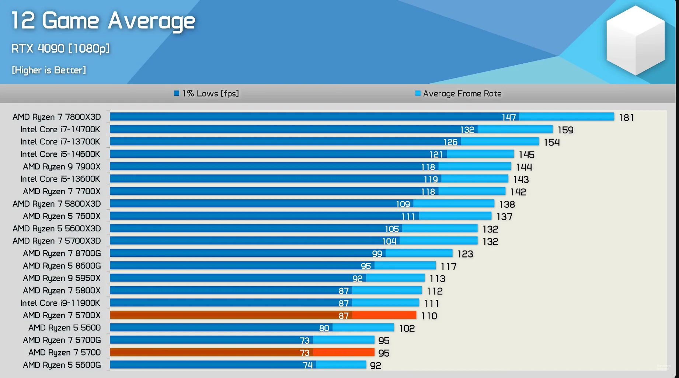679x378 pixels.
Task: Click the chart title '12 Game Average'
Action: (103, 21)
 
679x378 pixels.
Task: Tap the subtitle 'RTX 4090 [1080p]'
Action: (60, 49)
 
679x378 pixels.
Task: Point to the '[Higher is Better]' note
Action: (49, 70)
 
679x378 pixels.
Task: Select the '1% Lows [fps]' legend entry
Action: (206, 94)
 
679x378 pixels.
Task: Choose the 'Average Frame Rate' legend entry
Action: (458, 94)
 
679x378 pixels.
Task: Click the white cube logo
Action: (636, 40)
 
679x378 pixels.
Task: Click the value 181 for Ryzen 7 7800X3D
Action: (626, 118)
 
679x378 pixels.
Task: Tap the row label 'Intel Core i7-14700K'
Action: (60, 129)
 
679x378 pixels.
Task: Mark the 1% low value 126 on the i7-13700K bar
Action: (450, 142)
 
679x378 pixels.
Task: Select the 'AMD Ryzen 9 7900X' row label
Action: (62, 167)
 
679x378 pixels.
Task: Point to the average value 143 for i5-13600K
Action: (521, 179)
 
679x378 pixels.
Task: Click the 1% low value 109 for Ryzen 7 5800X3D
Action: (403, 204)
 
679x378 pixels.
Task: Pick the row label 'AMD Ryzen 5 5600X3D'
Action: (56, 228)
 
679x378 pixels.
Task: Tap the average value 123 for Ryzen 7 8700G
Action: (465, 254)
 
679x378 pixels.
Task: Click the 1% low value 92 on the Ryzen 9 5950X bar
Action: (358, 279)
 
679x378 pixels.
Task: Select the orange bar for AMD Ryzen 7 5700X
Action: (263, 315)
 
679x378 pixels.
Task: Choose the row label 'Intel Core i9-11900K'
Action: (60, 303)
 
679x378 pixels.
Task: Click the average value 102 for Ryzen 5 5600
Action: (407, 328)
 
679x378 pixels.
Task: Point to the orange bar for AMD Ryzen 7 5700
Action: (242, 353)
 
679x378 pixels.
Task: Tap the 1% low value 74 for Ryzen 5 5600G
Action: (307, 365)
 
